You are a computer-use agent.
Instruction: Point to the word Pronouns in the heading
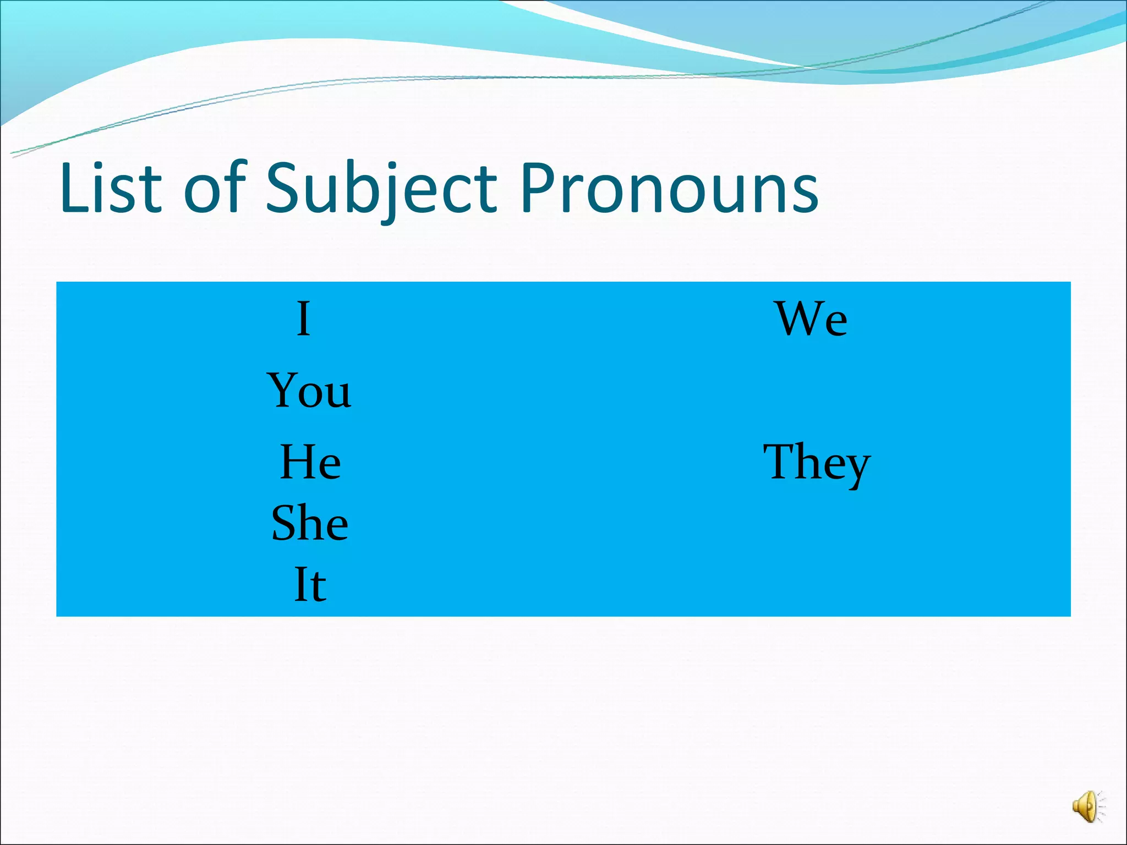669,188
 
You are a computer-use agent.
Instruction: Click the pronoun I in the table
303,319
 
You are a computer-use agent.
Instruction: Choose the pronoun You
309,390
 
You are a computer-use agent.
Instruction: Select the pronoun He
310,462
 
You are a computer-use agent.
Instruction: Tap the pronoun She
310,523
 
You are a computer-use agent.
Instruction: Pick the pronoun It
310,584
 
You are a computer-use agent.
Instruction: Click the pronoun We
812,319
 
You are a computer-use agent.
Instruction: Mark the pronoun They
817,463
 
